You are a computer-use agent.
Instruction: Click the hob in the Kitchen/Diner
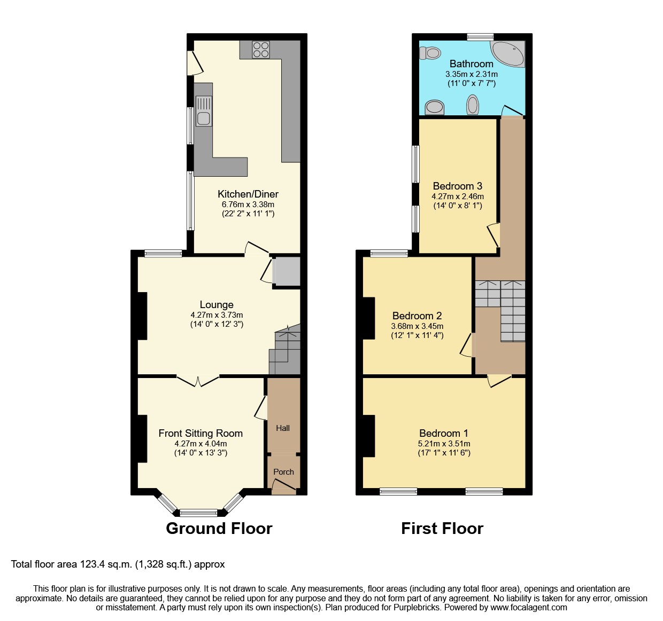click(x=261, y=50)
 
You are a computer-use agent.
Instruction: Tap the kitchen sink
click(x=204, y=111)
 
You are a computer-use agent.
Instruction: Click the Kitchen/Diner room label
click(x=248, y=194)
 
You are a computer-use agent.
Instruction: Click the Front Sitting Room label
click(x=201, y=434)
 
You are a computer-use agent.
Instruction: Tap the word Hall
click(x=283, y=428)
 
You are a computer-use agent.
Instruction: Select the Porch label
click(x=283, y=472)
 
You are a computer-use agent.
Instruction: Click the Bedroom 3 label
click(x=458, y=186)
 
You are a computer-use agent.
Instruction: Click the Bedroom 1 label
click(x=444, y=434)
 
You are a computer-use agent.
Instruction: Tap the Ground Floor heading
click(x=219, y=529)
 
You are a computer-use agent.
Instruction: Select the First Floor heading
click(x=442, y=529)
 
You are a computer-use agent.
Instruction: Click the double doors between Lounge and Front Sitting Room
click(x=198, y=380)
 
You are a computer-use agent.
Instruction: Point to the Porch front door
click(x=284, y=485)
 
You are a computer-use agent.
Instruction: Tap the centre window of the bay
click(x=199, y=513)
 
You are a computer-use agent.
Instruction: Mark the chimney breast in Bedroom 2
click(x=369, y=318)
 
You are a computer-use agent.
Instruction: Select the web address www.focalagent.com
click(x=529, y=608)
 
